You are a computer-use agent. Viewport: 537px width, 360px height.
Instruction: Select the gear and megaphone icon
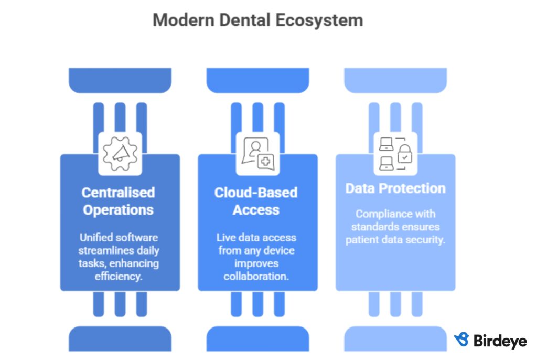tap(120, 153)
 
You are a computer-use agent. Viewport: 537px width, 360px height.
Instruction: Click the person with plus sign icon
tap(257, 153)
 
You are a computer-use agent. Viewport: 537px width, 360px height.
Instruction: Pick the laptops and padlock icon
tap(395, 153)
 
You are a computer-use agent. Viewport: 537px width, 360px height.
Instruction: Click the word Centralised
tap(119, 193)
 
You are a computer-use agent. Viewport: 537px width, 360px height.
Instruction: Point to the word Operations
tap(119, 210)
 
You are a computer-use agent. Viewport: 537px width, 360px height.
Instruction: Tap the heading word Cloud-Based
tap(256, 193)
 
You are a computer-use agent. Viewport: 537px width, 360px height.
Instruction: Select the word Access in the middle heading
tap(256, 210)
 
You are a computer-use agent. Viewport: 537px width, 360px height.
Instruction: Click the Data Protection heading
tap(395, 188)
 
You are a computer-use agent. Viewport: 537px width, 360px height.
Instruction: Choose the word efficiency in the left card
tap(118, 276)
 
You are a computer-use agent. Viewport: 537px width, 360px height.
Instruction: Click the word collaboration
tap(256, 276)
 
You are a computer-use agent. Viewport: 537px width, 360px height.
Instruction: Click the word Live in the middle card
tap(226, 238)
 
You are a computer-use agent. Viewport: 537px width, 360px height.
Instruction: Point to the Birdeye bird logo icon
tap(461, 340)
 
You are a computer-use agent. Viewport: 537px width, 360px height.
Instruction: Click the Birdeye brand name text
tap(500, 341)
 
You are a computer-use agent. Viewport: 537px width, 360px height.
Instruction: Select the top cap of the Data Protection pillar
tap(395, 80)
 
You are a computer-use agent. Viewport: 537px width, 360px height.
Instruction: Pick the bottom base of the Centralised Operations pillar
tap(120, 339)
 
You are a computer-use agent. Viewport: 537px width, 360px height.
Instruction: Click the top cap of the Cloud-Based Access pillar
tap(257, 80)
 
